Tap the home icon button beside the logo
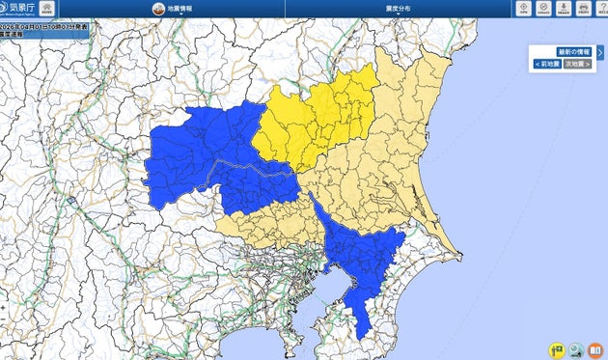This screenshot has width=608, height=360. pos(46,8)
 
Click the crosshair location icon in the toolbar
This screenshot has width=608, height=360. pos(523,8)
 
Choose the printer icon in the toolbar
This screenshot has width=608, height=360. pos(583,8)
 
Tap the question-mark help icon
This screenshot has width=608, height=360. pos(601,8)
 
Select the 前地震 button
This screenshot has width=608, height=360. pos(548,64)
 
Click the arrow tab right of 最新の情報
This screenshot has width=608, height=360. pos(600,52)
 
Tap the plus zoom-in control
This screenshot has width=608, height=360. pos(3,309)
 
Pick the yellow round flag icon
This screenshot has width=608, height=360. pos(557,349)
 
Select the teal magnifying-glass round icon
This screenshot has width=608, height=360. pos(576,349)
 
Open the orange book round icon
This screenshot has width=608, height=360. pos(595,349)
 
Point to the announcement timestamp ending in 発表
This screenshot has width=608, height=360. pos(45,24)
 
